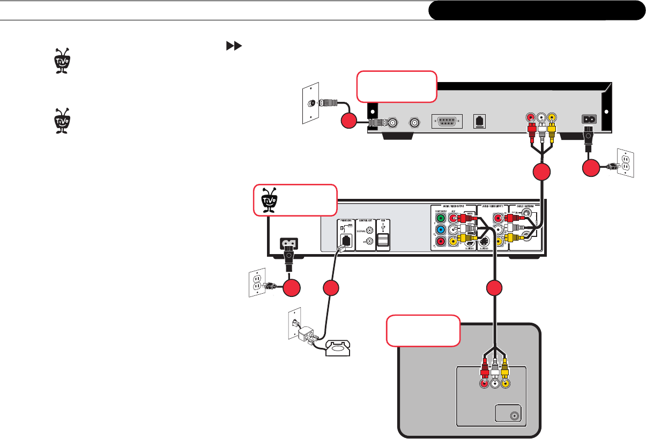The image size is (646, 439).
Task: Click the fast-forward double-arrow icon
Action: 232,47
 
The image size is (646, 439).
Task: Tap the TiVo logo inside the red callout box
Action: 268,199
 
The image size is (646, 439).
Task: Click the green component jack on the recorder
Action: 441,218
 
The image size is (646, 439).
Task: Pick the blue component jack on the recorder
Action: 441,230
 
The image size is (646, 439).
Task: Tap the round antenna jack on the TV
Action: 515,415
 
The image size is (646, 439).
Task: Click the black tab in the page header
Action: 537,10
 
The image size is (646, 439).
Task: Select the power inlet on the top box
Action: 590,121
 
